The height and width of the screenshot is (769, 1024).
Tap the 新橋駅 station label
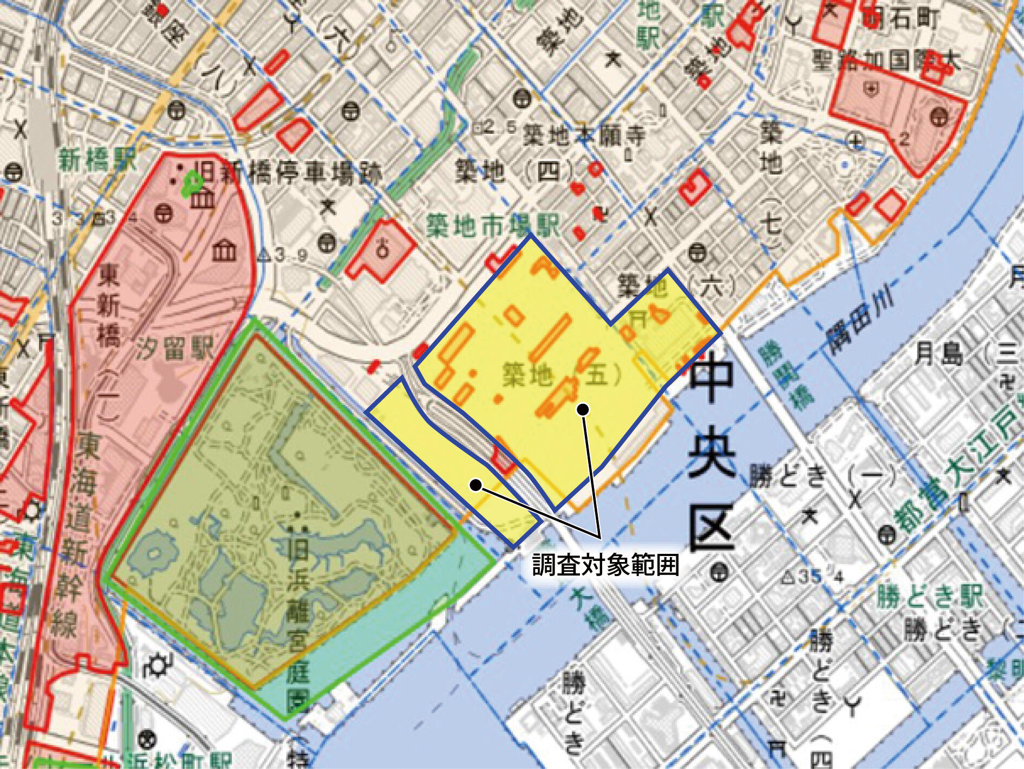point(98,160)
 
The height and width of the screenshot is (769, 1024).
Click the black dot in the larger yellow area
point(583,410)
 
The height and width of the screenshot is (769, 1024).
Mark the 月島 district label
point(940,354)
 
